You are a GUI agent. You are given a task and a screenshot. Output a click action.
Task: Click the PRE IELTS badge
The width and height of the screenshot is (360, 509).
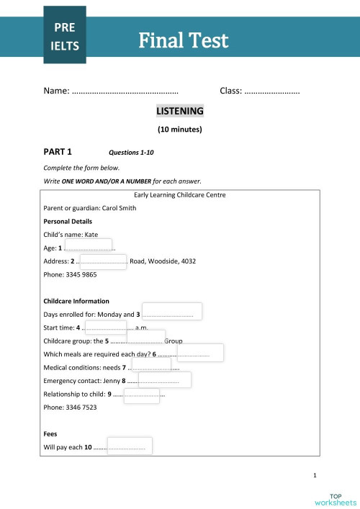point(64,37)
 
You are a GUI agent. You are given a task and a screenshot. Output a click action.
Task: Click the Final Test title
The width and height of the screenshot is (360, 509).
point(183,40)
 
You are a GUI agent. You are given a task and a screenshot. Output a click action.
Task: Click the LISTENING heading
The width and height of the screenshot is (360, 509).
point(180,112)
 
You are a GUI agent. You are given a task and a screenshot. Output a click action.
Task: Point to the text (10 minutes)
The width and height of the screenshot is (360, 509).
point(180,130)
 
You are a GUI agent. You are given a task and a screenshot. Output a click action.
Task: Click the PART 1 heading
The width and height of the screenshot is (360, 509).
point(58,152)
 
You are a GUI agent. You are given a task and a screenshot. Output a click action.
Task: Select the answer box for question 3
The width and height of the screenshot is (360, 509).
point(171,312)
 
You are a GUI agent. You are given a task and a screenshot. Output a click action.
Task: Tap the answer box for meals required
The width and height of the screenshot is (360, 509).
point(200,353)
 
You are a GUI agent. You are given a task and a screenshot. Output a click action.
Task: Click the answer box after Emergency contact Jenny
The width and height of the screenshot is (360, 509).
point(165,380)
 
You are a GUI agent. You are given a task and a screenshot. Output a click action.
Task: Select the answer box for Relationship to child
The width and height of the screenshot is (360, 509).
point(142,397)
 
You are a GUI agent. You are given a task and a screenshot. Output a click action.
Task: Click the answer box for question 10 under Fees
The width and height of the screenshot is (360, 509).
point(130,446)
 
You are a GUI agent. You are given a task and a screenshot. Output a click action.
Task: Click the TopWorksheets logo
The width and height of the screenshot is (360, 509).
point(336,498)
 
